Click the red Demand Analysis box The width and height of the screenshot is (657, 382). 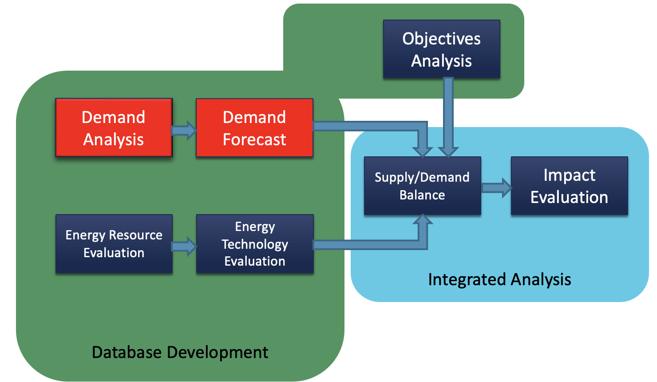click(114, 127)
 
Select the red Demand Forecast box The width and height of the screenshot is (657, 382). click(255, 127)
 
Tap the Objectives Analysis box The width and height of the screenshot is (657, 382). click(441, 49)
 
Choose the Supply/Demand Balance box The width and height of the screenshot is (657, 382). click(422, 186)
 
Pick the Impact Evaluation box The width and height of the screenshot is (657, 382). click(569, 186)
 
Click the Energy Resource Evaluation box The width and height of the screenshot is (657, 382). click(114, 244)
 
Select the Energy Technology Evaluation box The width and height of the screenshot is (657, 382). click(255, 244)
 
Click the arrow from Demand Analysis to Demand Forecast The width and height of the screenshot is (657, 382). click(184, 130)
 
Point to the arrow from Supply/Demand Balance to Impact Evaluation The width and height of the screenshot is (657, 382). click(497, 188)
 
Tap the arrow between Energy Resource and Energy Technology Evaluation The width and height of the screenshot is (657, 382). click(184, 247)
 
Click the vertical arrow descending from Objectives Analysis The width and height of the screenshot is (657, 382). click(448, 117)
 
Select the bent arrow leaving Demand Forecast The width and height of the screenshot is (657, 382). click(381, 126)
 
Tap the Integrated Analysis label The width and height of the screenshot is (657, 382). click(499, 279)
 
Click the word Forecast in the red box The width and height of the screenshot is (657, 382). click(254, 139)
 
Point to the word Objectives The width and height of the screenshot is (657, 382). click(441, 39)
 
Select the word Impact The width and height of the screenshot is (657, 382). click(569, 175)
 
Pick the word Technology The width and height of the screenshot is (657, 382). click(255, 245)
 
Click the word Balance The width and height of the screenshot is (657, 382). click(422, 195)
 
